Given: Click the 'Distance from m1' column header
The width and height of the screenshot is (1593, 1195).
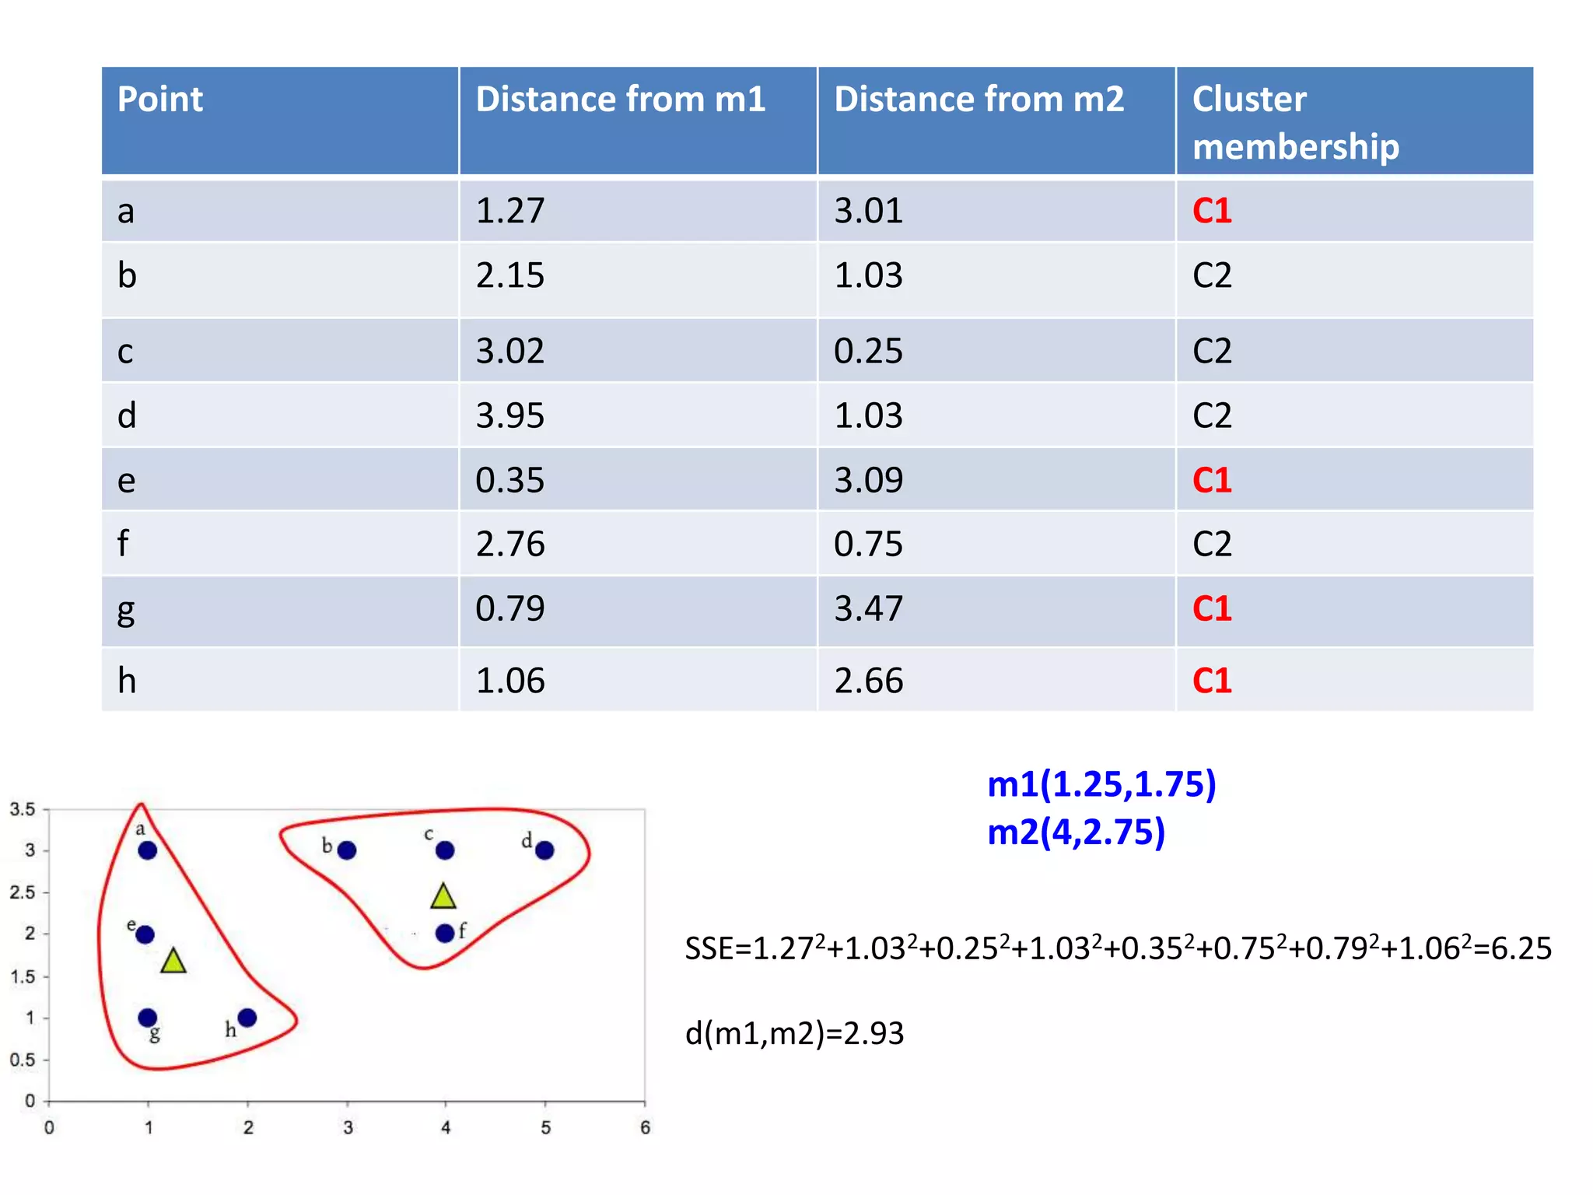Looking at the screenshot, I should (620, 100).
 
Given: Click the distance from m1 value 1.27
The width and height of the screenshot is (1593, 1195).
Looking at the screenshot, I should (509, 211).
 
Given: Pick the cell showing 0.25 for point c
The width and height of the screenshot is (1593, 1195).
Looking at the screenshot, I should (868, 351).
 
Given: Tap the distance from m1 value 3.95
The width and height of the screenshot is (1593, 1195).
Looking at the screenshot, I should (509, 415).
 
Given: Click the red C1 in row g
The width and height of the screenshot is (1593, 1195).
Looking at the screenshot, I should (1211, 608).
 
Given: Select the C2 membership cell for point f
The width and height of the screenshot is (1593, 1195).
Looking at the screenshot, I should (1211, 544).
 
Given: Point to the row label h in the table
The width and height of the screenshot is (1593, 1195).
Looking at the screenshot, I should (127, 681).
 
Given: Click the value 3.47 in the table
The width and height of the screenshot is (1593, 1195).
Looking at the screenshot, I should (868, 608).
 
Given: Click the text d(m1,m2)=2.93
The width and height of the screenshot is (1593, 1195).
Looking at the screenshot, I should (794, 1033).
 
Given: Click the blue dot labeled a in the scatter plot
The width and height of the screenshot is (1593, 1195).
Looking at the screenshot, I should (148, 850).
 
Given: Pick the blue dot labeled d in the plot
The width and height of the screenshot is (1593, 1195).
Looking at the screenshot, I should (544, 850).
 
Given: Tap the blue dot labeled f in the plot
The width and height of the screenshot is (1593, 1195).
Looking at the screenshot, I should (445, 933).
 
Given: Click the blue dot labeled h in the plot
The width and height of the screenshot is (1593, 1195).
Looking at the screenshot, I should (247, 1018).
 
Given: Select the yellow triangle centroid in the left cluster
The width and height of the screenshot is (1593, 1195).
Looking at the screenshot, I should (173, 962).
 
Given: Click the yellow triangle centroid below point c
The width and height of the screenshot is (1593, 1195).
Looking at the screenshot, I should (443, 898).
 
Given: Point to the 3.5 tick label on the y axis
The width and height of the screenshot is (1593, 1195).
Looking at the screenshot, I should (23, 809).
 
